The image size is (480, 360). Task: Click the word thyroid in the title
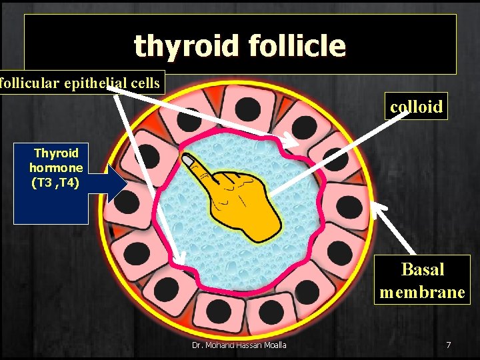coord(187,46)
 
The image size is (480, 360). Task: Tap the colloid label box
coord(416,107)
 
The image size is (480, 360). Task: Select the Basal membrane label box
coord(422,280)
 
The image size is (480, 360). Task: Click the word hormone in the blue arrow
coord(56,168)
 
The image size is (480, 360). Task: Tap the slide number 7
coord(448,345)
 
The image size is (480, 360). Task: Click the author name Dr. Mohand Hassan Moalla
coord(239,345)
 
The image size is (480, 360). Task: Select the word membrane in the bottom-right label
coord(422,292)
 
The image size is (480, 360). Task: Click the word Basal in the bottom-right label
coord(423,269)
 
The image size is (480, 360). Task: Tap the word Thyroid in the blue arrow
coord(56,153)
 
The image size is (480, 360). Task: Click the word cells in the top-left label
coord(145,83)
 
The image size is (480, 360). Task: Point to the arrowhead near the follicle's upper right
coord(293,142)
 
